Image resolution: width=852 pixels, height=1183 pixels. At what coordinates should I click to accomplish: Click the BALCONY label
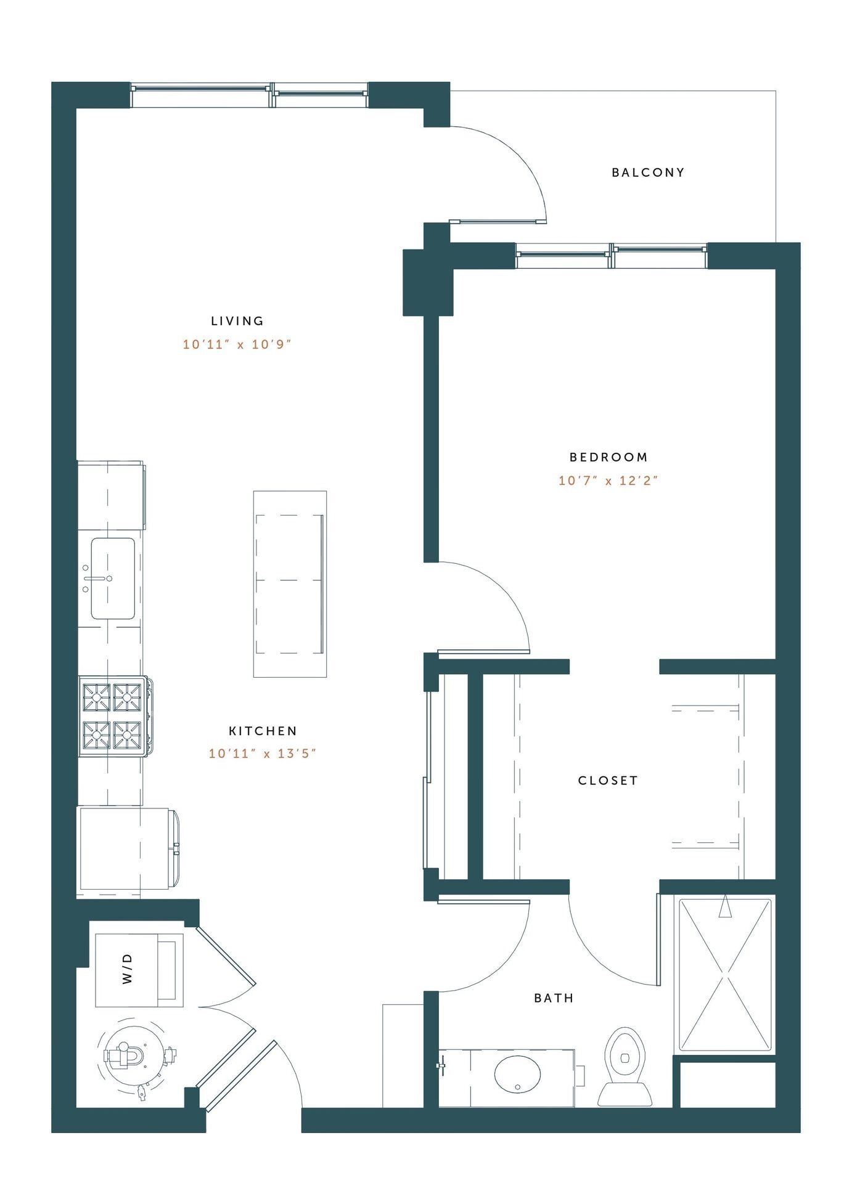(648, 173)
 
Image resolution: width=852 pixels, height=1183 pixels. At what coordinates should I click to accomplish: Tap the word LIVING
(237, 321)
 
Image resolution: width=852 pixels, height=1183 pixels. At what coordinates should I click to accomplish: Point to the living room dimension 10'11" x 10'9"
(237, 344)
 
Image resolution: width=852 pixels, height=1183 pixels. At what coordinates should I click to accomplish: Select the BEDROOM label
(608, 457)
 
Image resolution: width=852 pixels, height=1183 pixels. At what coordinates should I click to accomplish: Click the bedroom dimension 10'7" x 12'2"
(608, 481)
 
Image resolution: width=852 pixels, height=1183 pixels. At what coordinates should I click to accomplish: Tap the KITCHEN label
(263, 731)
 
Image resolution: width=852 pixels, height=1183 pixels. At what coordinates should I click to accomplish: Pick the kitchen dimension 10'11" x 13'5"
(263, 754)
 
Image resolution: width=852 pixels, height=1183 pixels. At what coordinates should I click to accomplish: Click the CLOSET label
(608, 781)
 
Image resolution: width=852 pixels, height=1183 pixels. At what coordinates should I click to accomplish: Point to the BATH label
(554, 998)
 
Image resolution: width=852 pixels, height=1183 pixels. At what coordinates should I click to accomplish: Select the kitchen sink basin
(113, 579)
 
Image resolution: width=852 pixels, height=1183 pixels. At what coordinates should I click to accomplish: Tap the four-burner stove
(113, 716)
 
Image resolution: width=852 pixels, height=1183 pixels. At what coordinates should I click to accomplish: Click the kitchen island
(290, 583)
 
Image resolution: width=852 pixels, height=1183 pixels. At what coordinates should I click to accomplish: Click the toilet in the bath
(625, 1067)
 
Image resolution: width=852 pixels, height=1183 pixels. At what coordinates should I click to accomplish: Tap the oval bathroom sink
(517, 1075)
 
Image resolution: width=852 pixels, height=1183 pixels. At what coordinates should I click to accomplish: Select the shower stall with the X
(725, 976)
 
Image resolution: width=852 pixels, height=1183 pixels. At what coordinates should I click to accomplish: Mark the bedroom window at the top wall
(611, 256)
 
